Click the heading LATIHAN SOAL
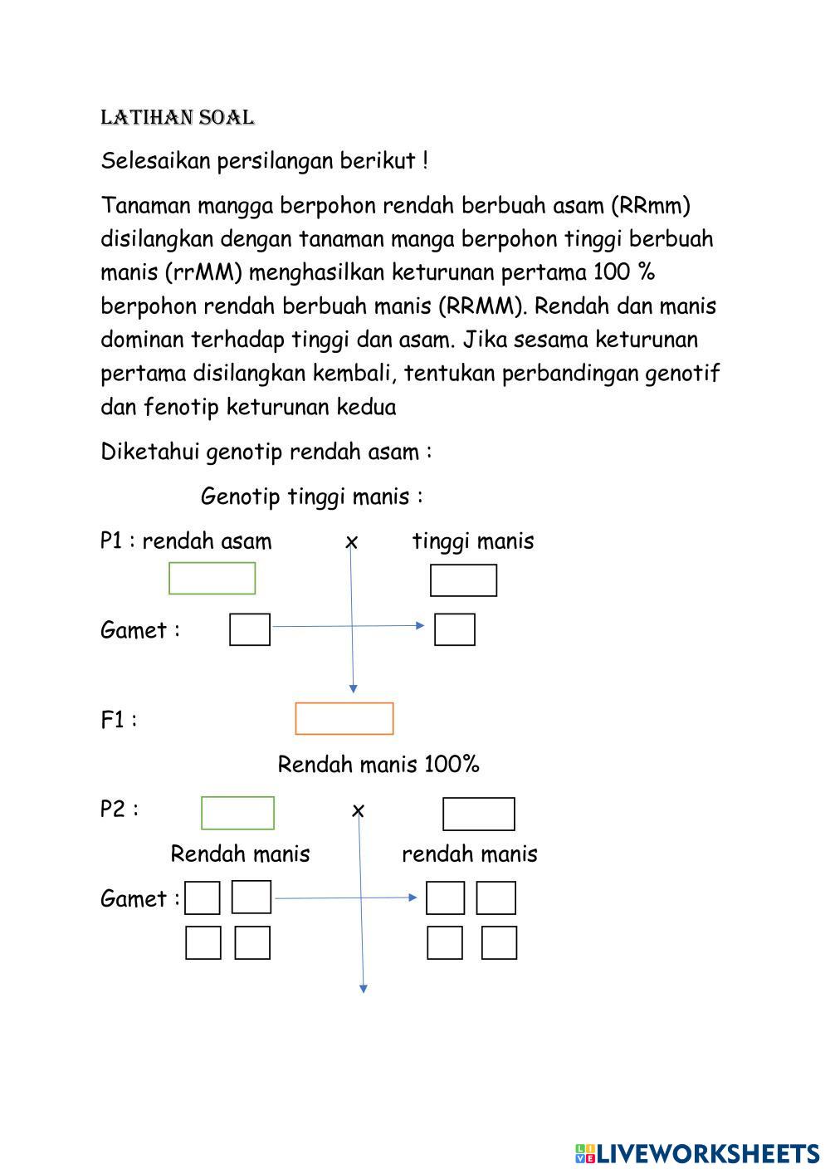pyautogui.click(x=177, y=118)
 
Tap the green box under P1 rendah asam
pyautogui.click(x=212, y=578)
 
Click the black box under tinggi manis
pyautogui.click(x=463, y=580)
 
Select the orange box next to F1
pyautogui.click(x=344, y=718)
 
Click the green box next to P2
pyautogui.click(x=237, y=813)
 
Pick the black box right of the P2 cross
pyautogui.click(x=478, y=814)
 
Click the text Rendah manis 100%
pyautogui.click(x=378, y=764)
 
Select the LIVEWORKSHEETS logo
pyautogui.click(x=697, y=1153)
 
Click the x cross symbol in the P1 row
pyautogui.click(x=352, y=542)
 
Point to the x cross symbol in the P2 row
pyautogui.click(x=358, y=810)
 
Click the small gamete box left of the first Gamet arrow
pyautogui.click(x=250, y=629)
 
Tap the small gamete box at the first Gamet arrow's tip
pyautogui.click(x=455, y=629)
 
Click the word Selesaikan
pyautogui.click(x=156, y=161)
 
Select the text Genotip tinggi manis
pyautogui.click(x=311, y=497)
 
